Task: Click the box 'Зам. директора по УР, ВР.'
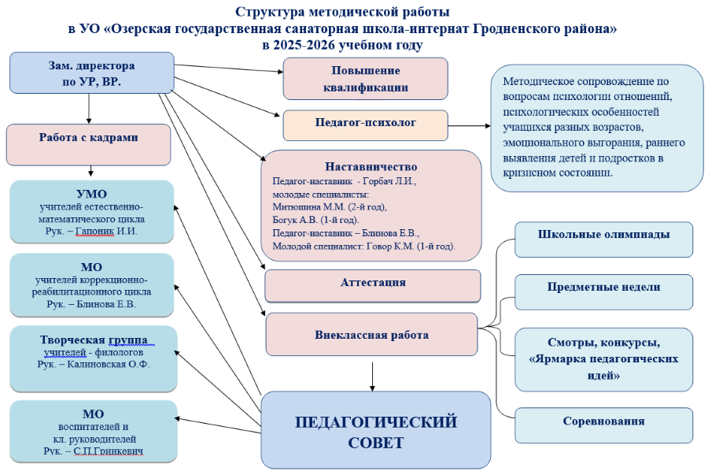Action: click(92, 72)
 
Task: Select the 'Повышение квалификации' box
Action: click(365, 79)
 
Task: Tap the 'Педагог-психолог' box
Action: click(365, 123)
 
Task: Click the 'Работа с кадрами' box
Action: click(88, 138)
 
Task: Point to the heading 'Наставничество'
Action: click(371, 167)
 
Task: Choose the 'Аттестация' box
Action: click(373, 283)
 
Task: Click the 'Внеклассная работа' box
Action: click(371, 335)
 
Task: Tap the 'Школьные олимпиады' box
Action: click(603, 236)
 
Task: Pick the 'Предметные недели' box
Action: click(603, 288)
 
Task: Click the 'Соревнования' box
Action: click(603, 421)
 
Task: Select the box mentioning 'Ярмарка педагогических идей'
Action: click(603, 358)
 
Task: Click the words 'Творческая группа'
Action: click(94, 340)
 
